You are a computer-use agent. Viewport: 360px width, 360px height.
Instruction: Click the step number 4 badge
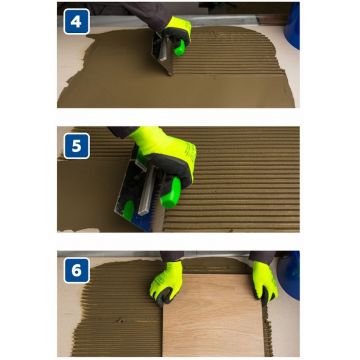click(76, 21)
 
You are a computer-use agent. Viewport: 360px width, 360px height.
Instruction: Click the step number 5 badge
click(76, 146)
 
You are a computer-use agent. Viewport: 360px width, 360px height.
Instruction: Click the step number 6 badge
click(76, 270)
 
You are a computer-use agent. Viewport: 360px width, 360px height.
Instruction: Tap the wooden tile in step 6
click(213, 315)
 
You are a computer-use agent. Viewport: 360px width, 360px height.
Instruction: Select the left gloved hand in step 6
click(167, 283)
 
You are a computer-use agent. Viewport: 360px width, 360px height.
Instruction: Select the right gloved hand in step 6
click(265, 282)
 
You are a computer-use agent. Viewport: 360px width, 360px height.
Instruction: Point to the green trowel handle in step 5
click(171, 193)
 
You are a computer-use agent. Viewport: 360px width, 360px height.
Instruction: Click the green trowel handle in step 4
click(180, 48)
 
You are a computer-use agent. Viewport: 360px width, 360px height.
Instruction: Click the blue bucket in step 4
click(292, 25)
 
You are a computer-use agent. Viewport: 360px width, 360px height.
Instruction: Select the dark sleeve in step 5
click(123, 132)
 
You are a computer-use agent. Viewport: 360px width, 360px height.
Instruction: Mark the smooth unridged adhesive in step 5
click(90, 193)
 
